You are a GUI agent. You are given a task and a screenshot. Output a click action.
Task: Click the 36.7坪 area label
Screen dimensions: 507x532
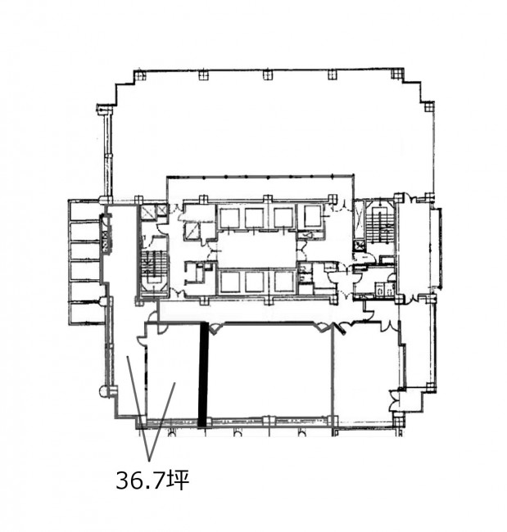(x=152, y=480)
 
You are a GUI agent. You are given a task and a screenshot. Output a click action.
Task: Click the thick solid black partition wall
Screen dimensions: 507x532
(x=203, y=375)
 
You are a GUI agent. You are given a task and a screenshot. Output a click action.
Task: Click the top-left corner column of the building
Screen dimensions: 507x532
(x=139, y=74)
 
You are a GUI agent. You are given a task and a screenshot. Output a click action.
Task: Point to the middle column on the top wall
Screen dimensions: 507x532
(x=268, y=74)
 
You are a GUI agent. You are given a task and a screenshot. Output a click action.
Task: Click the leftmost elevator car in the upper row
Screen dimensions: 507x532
(x=229, y=219)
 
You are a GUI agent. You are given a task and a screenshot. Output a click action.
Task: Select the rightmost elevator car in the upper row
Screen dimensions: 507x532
(x=313, y=216)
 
